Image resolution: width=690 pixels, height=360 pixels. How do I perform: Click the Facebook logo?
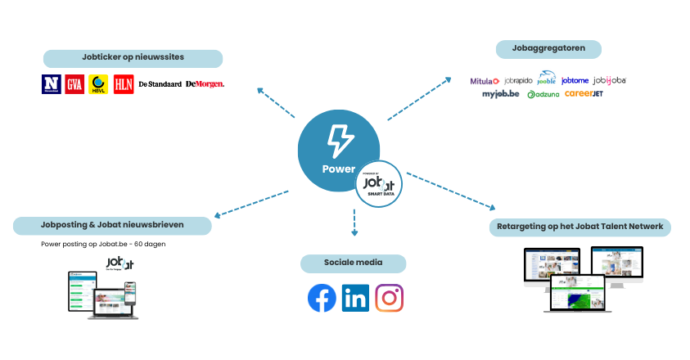pos(322,299)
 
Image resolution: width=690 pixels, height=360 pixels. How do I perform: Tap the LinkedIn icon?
pos(355,299)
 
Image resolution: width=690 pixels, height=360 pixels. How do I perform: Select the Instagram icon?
pos(390,299)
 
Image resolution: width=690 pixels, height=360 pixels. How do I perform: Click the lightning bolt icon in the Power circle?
pos(339,140)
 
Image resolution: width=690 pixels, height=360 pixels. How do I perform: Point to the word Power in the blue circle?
pos(339,169)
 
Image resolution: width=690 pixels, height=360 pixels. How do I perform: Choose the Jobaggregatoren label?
pos(548,49)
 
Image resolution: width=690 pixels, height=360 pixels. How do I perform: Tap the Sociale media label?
pos(354,263)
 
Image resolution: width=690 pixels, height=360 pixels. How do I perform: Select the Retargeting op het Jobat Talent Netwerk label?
pos(580,226)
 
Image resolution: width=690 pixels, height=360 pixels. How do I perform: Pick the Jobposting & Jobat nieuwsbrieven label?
pos(112,224)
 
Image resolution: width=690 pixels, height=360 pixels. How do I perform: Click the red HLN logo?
pos(124,83)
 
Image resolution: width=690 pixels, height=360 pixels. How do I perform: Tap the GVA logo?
pos(75,83)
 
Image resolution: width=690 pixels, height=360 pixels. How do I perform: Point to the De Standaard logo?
pos(160,83)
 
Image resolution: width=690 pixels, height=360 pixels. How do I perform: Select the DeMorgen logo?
pos(205,83)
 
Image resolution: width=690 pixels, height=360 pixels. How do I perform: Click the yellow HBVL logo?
pos(99,83)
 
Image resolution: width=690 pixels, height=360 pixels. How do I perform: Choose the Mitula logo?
pos(485,81)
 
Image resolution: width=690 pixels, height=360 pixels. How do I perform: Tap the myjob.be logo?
pos(501,94)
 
